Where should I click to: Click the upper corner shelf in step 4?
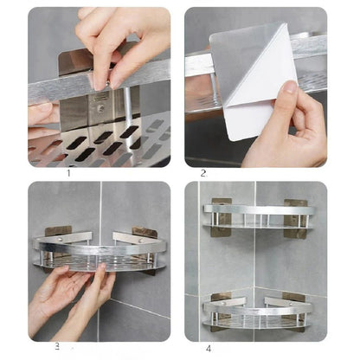255,216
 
